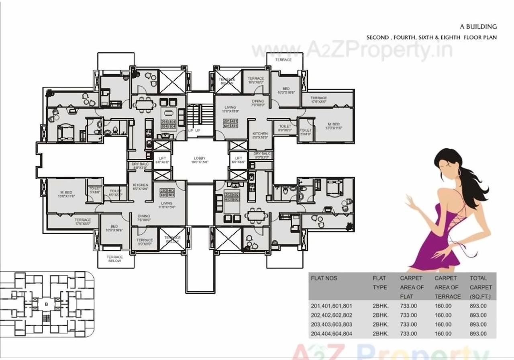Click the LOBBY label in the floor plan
(x=200, y=158)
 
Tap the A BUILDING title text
(x=478, y=27)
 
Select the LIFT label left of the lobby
(x=162, y=158)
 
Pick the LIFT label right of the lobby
(x=239, y=158)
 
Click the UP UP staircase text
(x=194, y=131)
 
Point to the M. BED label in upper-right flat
(x=334, y=124)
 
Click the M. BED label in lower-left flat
(x=66, y=194)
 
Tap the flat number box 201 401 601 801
(x=230, y=123)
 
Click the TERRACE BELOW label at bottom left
(x=115, y=259)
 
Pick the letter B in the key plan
(x=46, y=304)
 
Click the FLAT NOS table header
(x=324, y=278)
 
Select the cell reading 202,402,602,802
(x=332, y=315)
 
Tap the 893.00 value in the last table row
(x=478, y=334)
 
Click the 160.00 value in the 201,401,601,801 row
(x=443, y=306)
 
